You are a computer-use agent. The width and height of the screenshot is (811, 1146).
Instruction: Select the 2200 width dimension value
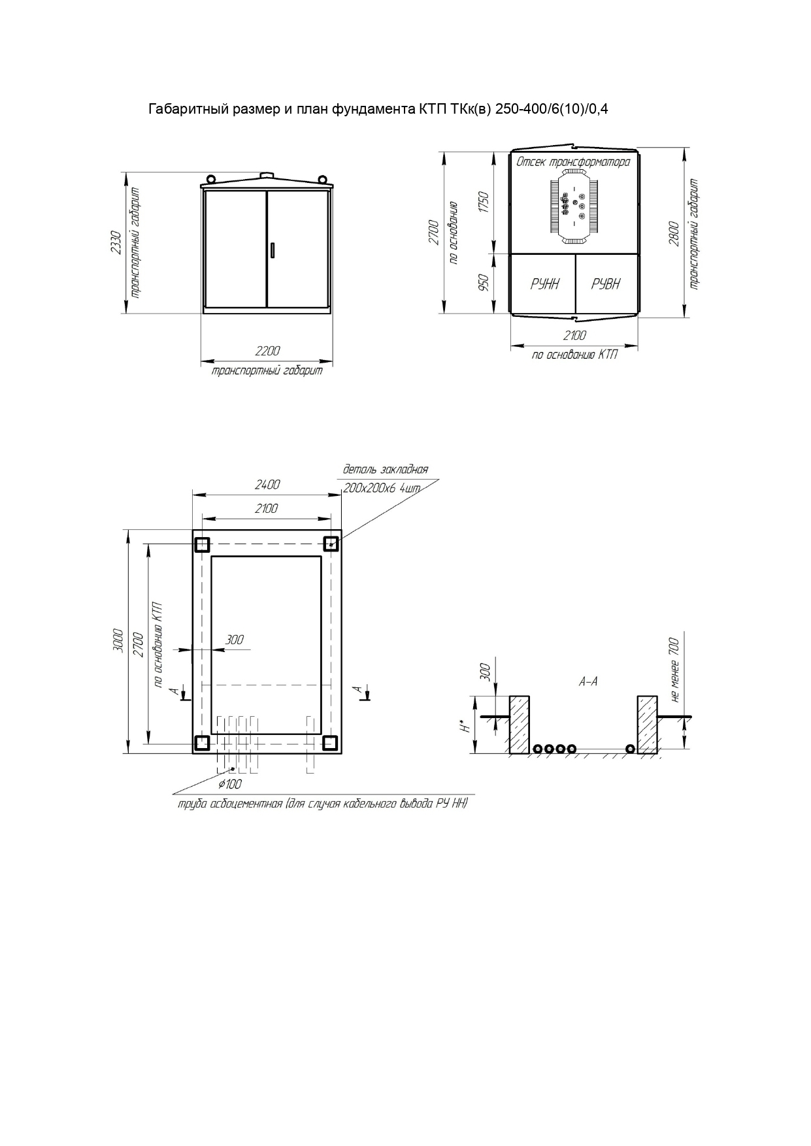pos(267,352)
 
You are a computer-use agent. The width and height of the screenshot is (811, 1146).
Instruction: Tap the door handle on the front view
pos(273,250)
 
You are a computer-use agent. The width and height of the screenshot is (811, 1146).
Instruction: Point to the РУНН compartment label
pos(544,284)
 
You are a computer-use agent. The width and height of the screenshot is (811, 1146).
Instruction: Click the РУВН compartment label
pos(606,284)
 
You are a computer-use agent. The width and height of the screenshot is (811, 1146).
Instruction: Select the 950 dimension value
pos(484,282)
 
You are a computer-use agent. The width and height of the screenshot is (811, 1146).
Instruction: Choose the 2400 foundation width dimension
pos(267,485)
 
